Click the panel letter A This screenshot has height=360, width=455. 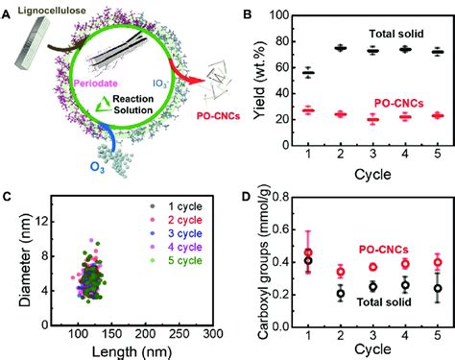tap(8, 12)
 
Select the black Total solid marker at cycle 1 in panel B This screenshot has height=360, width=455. tap(307, 73)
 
